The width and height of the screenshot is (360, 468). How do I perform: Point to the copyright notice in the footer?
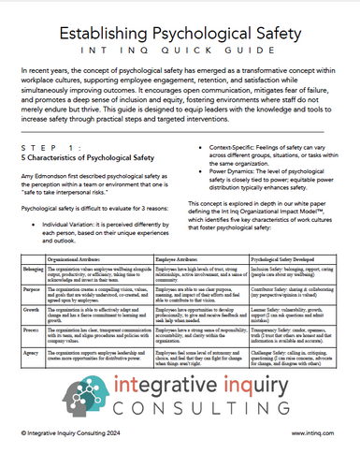[x=70, y=458]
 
